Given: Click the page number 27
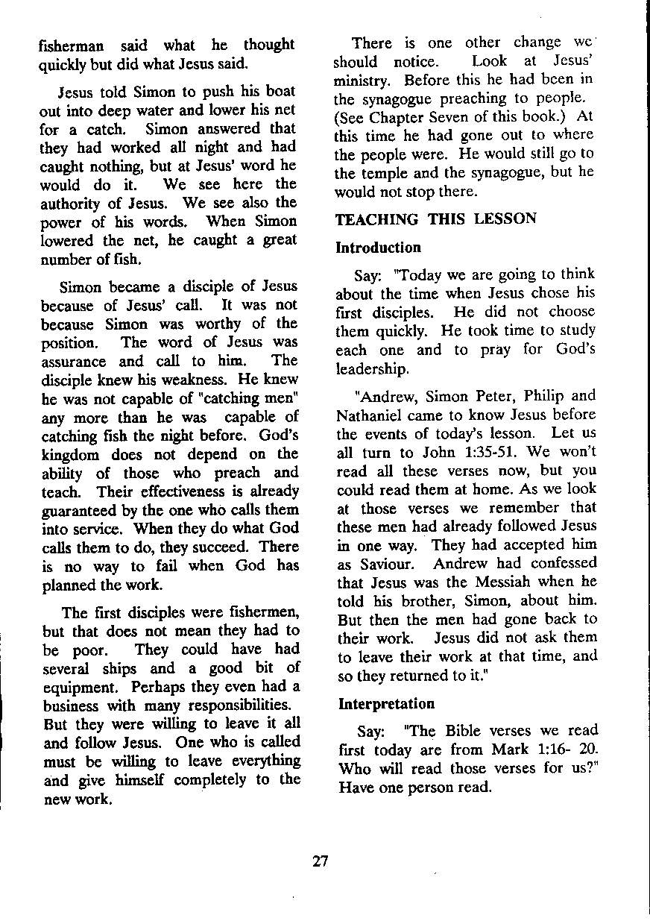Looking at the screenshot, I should [321, 861].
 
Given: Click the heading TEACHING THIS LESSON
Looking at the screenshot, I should [435, 219].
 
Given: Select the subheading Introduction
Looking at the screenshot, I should [379, 248].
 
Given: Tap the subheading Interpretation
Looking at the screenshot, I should [386, 703].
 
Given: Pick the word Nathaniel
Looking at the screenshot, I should [369, 415].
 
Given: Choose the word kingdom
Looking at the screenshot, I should [70, 453].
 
